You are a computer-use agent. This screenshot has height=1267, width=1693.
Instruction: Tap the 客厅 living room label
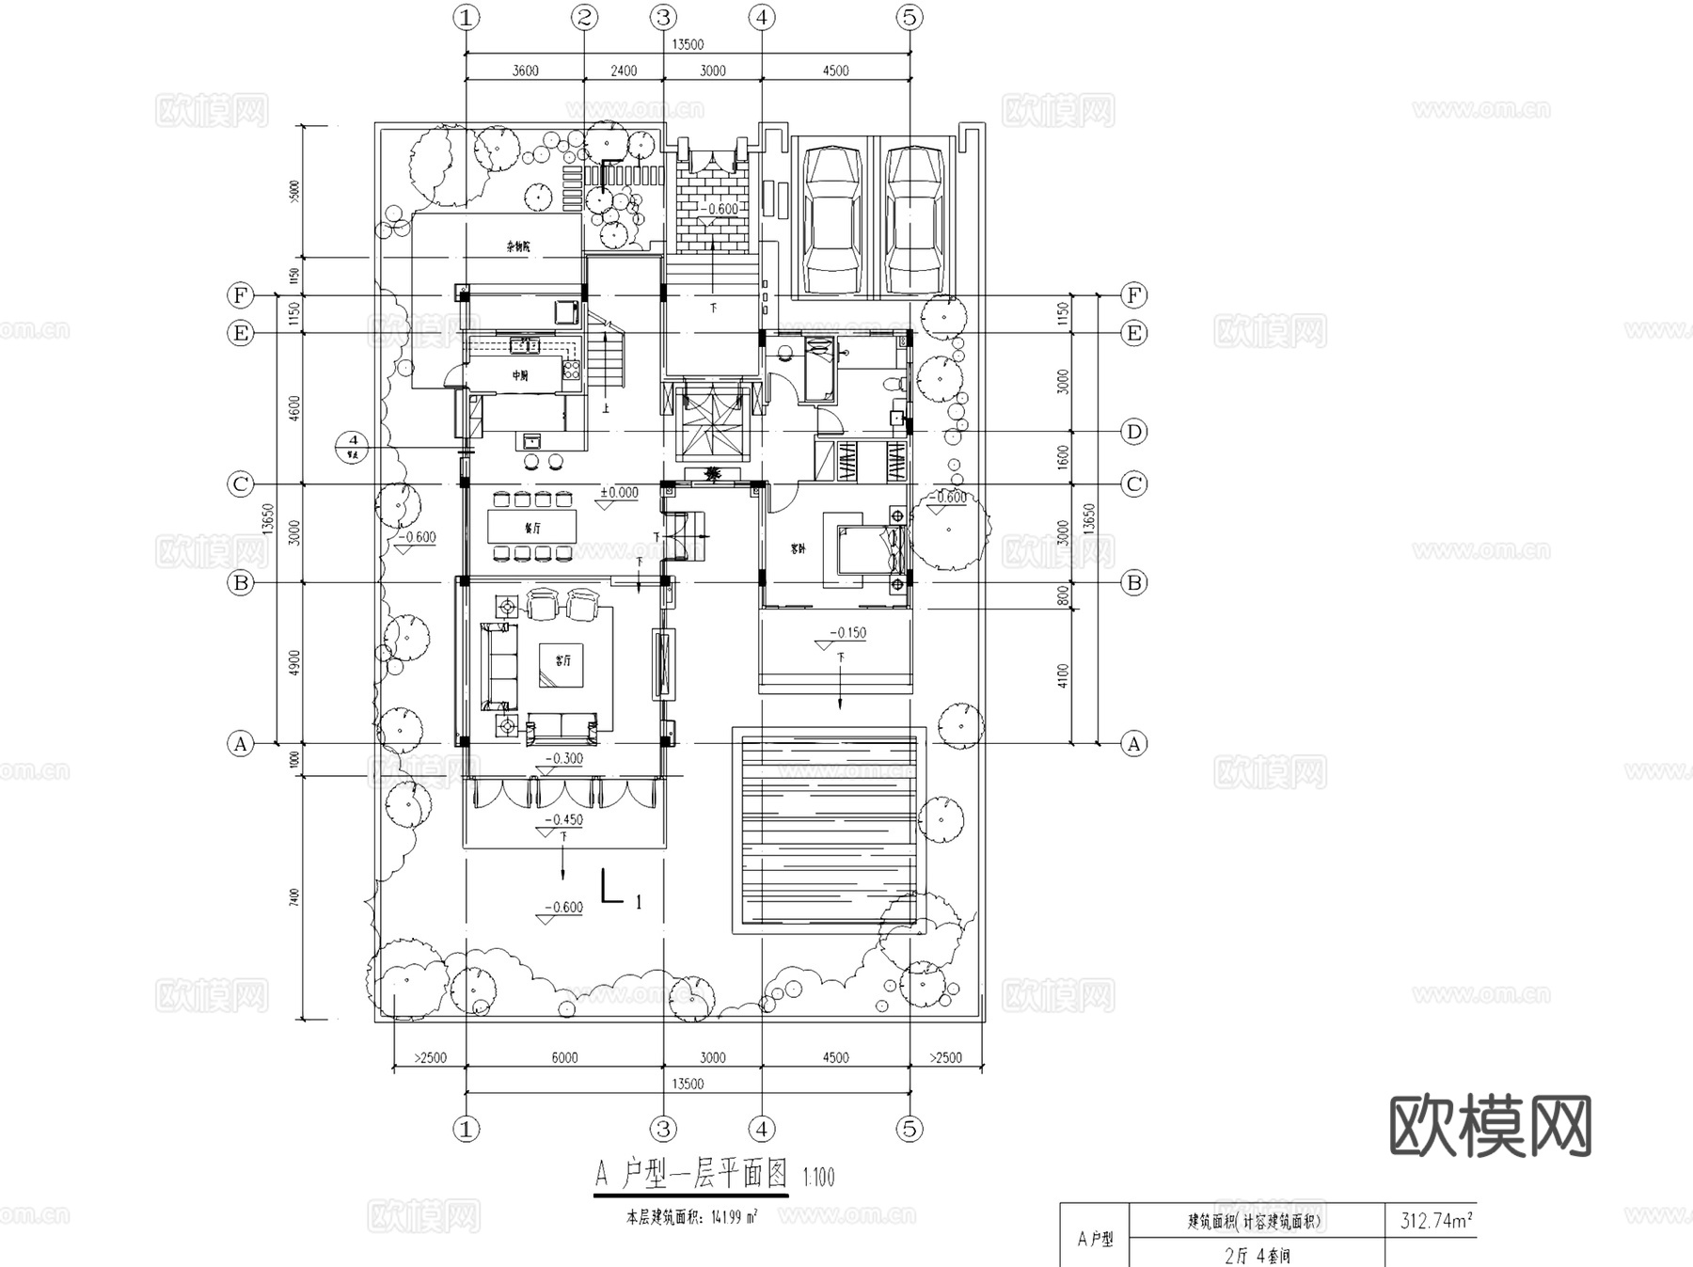562,661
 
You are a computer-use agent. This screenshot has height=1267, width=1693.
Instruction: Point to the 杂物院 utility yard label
518,247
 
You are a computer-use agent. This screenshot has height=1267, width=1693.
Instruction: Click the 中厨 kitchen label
520,375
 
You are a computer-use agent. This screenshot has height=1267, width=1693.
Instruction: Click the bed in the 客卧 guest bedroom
861,549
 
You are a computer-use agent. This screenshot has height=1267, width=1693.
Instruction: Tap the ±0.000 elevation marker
619,493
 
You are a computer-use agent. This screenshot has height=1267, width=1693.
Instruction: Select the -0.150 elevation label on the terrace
848,633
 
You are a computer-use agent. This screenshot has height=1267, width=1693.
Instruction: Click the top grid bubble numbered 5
909,17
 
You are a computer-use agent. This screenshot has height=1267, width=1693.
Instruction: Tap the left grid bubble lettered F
241,295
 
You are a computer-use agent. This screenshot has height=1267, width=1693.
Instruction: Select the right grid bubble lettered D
1134,432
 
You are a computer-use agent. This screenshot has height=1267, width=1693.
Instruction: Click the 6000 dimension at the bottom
564,1057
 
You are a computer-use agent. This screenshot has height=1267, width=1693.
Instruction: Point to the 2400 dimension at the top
624,71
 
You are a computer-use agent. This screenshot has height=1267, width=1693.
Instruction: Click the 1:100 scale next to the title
818,1177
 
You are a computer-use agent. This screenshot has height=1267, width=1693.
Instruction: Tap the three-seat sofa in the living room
498,666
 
